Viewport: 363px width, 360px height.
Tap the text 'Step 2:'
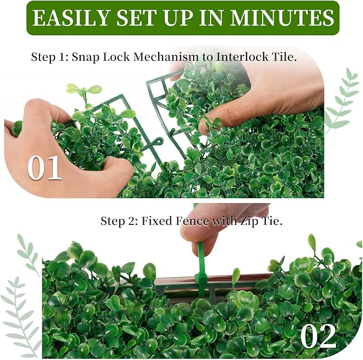[x=119, y=221]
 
